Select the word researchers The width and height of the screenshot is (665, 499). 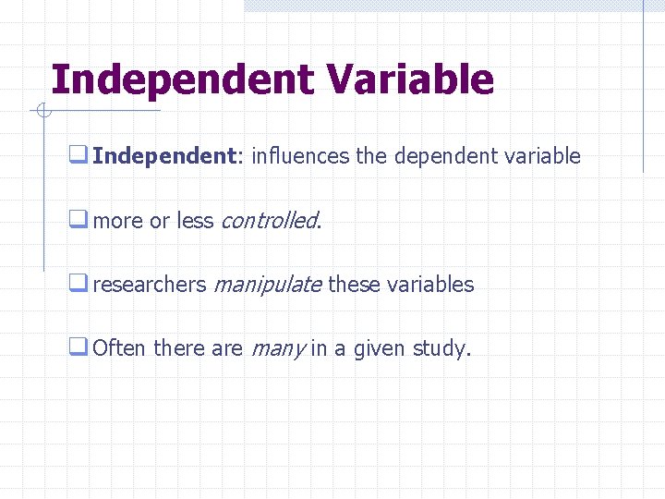pos(150,285)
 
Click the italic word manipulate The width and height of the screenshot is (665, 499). pos(268,285)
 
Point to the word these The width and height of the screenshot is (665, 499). pos(354,285)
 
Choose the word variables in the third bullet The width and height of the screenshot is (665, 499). pos(430,285)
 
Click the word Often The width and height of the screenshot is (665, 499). pos(119,349)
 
